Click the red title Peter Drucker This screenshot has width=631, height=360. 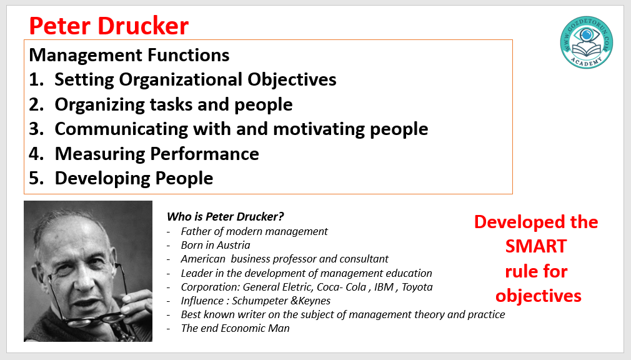tap(109, 26)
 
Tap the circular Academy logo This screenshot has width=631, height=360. tap(587, 42)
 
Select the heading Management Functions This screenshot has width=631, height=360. tap(129, 55)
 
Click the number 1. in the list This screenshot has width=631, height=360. tap(36, 80)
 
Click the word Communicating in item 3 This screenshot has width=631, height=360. tap(121, 129)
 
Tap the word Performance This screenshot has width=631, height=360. tap(204, 154)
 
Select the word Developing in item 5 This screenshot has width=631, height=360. tap(102, 179)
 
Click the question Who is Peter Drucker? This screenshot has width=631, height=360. tap(226, 217)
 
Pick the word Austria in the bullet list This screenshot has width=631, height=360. tap(233, 245)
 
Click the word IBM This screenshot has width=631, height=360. tap(384, 287)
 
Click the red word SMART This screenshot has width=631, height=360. tap(536, 246)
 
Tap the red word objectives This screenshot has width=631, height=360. tap(539, 296)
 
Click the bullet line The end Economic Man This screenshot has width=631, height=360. tap(235, 329)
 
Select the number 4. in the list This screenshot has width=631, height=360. tap(36, 154)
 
